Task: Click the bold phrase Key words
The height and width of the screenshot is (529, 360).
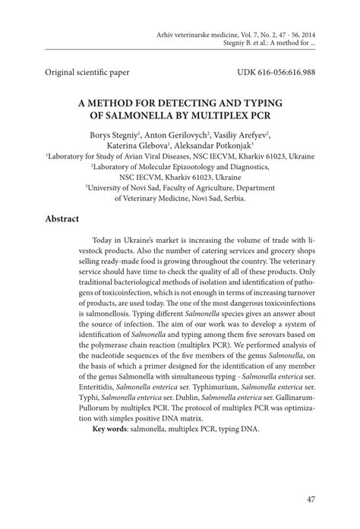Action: coord(108,429)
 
